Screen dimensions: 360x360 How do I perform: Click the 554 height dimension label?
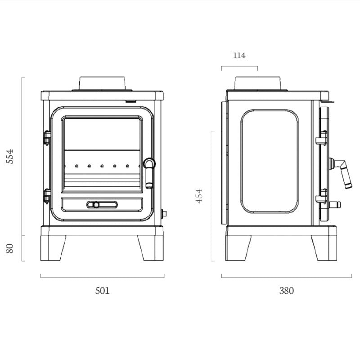click(x=11, y=156)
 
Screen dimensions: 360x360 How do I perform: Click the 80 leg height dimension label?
click(x=11, y=248)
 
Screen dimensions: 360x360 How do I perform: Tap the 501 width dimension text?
click(x=102, y=291)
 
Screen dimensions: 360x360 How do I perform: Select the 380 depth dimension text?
click(x=286, y=291)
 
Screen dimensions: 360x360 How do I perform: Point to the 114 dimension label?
click(x=239, y=55)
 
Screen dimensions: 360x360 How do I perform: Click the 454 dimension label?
click(x=200, y=196)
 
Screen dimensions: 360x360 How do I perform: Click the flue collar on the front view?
click(x=102, y=83)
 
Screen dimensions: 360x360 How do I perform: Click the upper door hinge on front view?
click(x=47, y=138)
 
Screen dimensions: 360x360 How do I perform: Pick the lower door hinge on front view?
click(x=47, y=195)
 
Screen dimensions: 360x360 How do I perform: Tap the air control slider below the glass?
click(x=102, y=204)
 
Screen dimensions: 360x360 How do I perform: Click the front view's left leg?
click(x=54, y=248)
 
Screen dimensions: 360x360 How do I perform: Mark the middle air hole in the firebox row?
click(x=102, y=166)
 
